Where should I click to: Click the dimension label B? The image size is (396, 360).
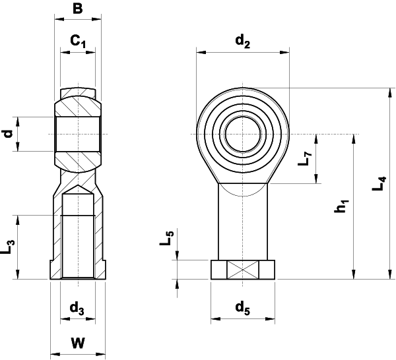click(x=78, y=9)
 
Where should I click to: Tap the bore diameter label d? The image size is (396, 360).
click(x=9, y=134)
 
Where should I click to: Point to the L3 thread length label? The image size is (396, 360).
click(x=9, y=247)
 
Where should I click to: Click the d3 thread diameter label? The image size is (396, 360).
click(x=77, y=307)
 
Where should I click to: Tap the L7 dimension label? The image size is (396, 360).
click(x=304, y=159)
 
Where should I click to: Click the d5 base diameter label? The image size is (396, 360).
click(x=242, y=307)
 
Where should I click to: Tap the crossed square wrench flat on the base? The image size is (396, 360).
click(x=242, y=270)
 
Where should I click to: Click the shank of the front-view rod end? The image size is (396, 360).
click(x=242, y=224)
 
